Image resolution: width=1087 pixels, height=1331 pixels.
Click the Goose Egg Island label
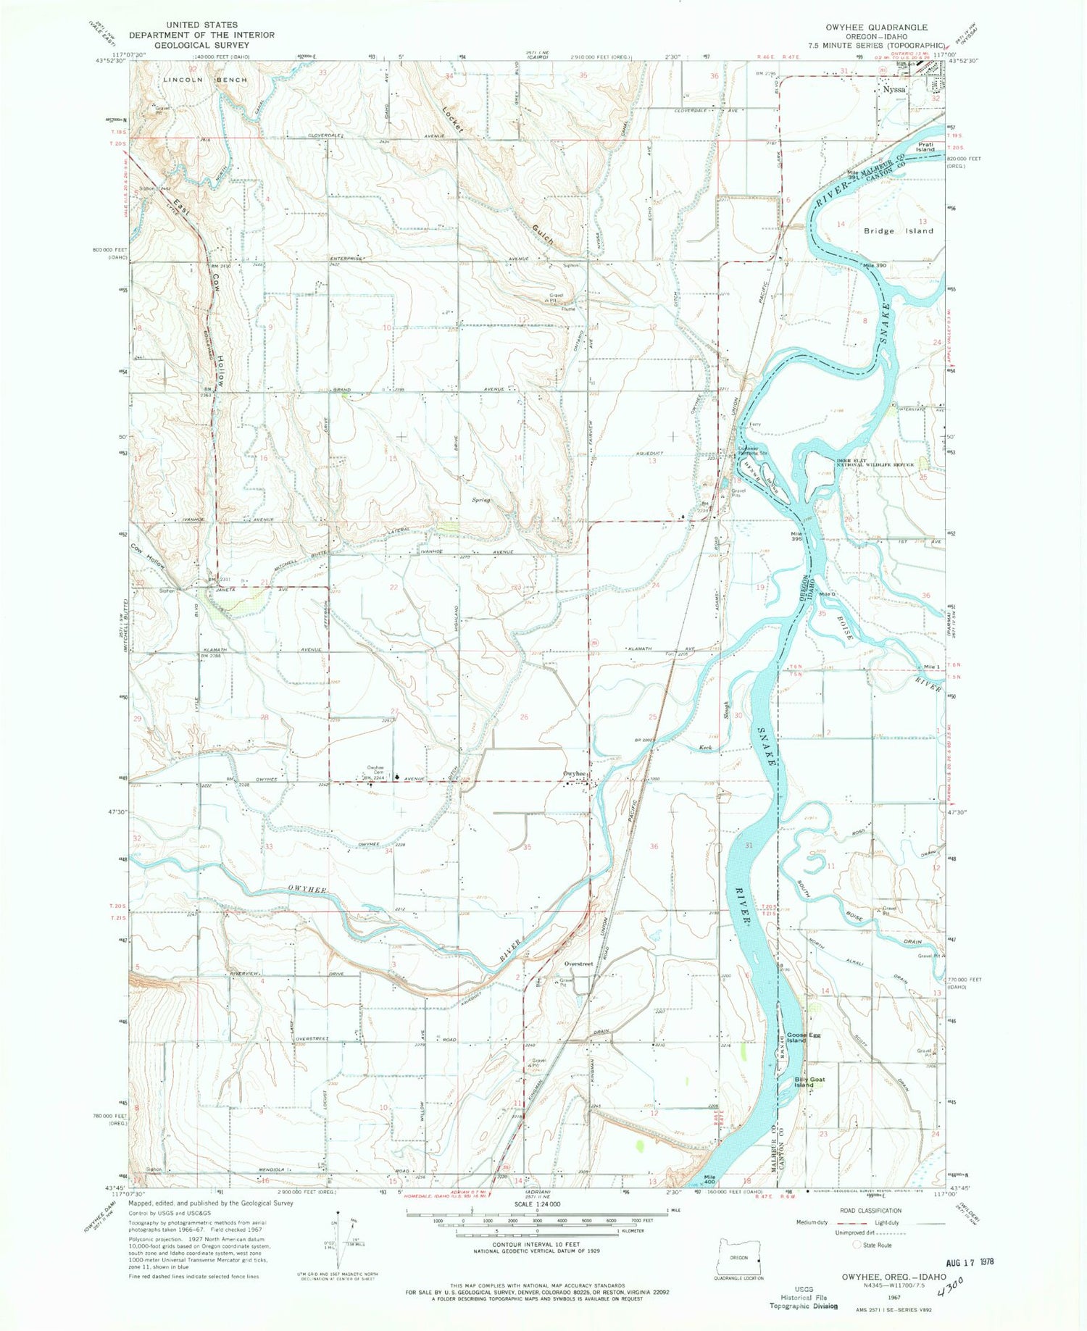800,1037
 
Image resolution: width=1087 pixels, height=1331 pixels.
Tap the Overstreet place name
578,964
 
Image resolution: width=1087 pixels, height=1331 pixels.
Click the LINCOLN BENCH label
205,80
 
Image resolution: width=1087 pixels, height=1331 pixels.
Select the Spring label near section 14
481,500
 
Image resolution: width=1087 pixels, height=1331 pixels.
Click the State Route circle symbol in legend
859,1245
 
